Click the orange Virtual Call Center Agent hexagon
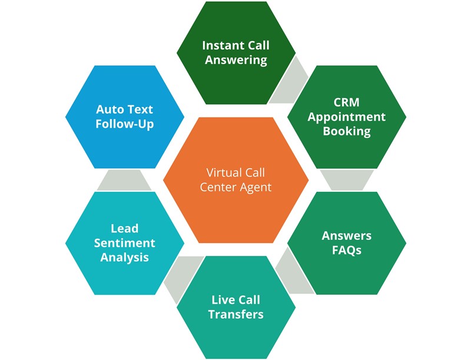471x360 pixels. tap(235, 180)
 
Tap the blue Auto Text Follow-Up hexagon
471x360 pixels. tap(125, 116)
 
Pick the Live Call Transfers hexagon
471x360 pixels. tap(236, 307)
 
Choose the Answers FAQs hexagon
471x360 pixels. tap(346, 242)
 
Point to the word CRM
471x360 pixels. tap(346, 102)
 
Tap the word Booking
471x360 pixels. tap(346, 131)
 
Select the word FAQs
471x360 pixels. tap(346, 250)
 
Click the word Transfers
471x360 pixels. tap(236, 314)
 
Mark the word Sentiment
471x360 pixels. tap(124, 242)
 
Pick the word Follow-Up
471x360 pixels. tap(125, 124)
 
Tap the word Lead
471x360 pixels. tap(124, 228)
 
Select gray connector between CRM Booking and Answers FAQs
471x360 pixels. tap(346, 180)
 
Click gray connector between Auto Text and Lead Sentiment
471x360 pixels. tap(124, 180)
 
